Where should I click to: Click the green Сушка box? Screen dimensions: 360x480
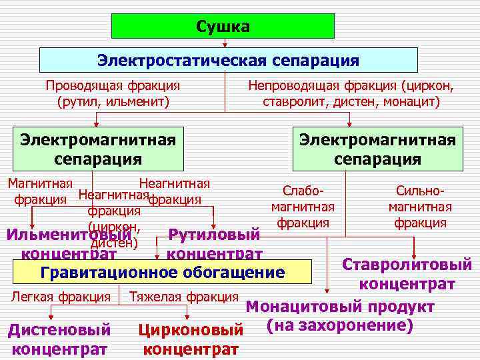click(x=223, y=26)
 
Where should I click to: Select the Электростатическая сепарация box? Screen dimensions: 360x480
click(x=228, y=60)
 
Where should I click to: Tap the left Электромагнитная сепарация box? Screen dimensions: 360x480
click(x=98, y=149)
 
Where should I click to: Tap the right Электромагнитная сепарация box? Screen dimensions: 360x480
click(x=377, y=149)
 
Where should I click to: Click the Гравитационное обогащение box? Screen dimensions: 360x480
click(x=163, y=273)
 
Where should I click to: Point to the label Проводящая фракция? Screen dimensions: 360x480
click(x=113, y=85)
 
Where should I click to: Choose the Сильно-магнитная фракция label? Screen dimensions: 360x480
click(x=420, y=206)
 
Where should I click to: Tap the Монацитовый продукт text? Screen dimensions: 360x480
click(x=340, y=307)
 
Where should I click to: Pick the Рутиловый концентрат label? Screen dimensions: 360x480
click(x=214, y=244)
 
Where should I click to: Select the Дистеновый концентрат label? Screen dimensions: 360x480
click(x=59, y=339)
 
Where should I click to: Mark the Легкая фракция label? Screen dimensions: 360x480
click(x=61, y=296)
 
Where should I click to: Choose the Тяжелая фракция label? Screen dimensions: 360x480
click(x=183, y=296)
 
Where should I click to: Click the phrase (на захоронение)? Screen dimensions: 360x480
click(x=339, y=325)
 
